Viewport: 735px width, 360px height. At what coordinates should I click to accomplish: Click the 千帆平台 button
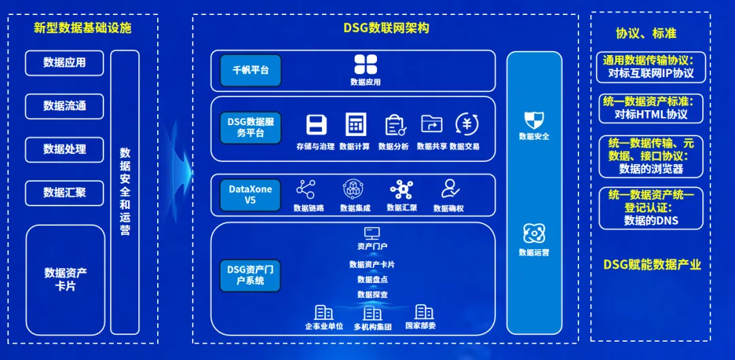250,70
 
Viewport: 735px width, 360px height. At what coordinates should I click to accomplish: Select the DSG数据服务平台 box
250,127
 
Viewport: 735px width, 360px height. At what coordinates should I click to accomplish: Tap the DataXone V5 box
250,195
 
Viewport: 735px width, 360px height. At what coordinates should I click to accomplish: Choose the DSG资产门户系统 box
250,274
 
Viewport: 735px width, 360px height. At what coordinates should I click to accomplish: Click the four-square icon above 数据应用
365,65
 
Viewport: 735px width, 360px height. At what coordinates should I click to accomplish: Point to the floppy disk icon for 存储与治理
316,125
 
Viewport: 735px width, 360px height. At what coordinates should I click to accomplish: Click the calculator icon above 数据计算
355,125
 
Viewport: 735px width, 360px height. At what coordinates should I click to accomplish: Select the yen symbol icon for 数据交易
466,124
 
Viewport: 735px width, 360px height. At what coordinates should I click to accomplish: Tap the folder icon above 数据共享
431,124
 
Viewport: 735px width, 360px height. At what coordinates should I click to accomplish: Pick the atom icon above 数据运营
534,233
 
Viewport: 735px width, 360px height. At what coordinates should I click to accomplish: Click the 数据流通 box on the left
65,106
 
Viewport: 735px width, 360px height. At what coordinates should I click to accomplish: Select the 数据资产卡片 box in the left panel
65,279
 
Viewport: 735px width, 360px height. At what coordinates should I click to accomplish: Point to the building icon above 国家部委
424,312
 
